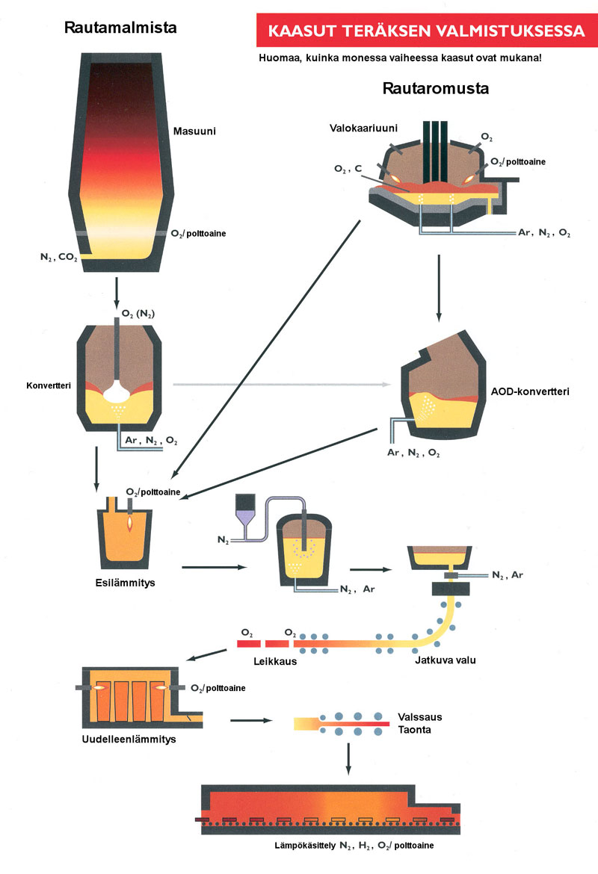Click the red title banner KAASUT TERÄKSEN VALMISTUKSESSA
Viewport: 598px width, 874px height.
click(427, 30)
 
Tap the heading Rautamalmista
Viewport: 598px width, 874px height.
click(120, 28)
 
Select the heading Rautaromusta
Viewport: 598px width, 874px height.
click(436, 88)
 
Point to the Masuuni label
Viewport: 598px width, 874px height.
click(194, 131)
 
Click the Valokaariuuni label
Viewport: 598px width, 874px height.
click(364, 128)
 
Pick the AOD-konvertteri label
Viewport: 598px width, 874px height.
click(530, 391)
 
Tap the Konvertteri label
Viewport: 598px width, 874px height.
click(49, 385)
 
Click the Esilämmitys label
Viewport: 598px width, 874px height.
click(125, 583)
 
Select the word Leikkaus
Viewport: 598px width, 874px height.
click(275, 661)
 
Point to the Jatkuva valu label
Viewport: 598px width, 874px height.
click(446, 660)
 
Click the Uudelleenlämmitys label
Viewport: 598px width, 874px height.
click(129, 739)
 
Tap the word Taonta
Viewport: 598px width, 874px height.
click(414, 730)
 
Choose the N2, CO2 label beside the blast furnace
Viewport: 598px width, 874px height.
click(58, 257)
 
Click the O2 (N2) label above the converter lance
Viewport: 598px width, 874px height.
click(138, 314)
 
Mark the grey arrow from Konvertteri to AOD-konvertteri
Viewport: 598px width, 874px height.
click(282, 385)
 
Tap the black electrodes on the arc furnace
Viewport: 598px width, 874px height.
click(435, 152)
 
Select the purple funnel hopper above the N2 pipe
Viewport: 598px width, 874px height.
click(245, 509)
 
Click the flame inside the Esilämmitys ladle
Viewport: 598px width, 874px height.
click(130, 523)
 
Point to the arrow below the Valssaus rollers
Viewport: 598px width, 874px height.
click(348, 758)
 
